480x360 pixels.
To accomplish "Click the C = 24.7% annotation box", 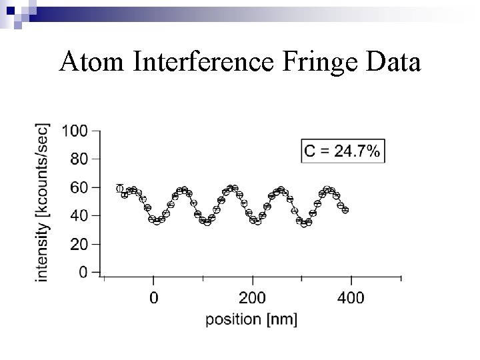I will (343, 151).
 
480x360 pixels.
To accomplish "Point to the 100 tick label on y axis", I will (75, 131).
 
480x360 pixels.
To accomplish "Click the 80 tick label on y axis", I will (79, 159).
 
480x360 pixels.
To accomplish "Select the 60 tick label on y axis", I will (79, 188).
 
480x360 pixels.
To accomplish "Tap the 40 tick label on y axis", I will (79, 216).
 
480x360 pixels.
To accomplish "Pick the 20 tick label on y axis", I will (79, 245).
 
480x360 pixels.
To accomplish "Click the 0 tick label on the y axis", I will (83, 273).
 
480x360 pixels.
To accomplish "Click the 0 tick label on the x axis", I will (154, 297).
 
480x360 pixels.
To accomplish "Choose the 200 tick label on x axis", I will (252, 297).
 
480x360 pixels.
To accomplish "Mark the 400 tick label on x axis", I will (351, 297).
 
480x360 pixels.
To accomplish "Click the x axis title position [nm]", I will (251, 320).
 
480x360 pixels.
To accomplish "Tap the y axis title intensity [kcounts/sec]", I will (42, 201).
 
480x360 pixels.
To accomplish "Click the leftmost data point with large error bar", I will (120, 189).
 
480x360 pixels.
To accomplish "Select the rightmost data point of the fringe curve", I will (345, 210).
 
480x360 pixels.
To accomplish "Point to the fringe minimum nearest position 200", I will (257, 221).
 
